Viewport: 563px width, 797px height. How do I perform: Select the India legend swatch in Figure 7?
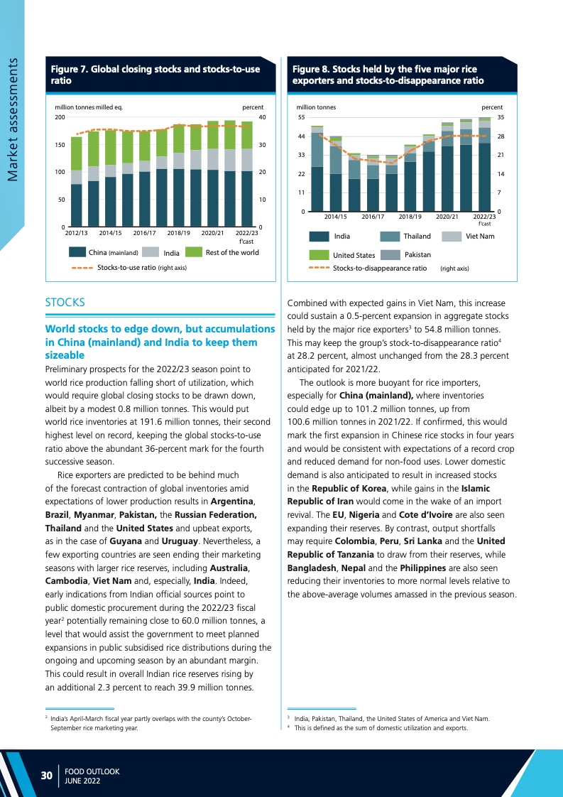tap(150, 252)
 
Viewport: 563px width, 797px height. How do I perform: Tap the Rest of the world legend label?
tap(232, 252)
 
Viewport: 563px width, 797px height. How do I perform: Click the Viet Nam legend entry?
tap(481, 236)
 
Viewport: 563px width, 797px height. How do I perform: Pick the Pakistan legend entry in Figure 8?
tap(417, 254)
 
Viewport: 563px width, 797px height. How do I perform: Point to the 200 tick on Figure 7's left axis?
tap(59, 117)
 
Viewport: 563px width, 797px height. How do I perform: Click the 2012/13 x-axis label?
tap(76, 232)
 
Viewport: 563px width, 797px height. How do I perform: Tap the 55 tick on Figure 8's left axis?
tap(301, 116)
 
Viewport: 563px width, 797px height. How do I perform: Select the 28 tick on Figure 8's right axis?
tap(501, 136)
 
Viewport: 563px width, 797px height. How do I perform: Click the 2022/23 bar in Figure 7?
tap(246, 173)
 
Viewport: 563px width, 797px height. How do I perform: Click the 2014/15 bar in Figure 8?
tap(335, 174)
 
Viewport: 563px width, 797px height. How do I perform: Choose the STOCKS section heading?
tap(65, 303)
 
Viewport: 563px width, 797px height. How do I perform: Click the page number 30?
tap(46, 776)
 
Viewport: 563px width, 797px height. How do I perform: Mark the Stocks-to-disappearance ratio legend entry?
tap(380, 269)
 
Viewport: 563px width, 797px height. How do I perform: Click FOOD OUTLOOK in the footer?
tap(92, 771)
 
